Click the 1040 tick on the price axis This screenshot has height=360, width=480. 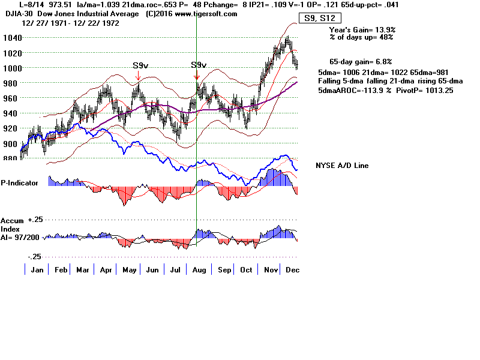point(11,37)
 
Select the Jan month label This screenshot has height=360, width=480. point(37,270)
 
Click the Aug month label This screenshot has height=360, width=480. point(199,270)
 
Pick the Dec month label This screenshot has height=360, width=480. point(292,270)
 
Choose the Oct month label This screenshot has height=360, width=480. point(245,270)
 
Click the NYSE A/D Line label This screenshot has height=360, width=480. point(342,166)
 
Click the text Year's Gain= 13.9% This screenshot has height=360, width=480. point(362,29)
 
